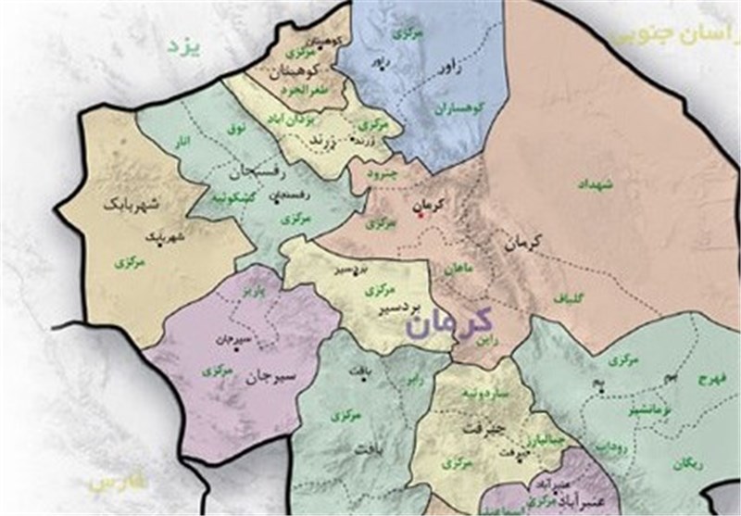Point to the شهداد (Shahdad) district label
click(592, 184)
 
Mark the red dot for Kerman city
click(421, 214)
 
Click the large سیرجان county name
click(269, 378)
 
